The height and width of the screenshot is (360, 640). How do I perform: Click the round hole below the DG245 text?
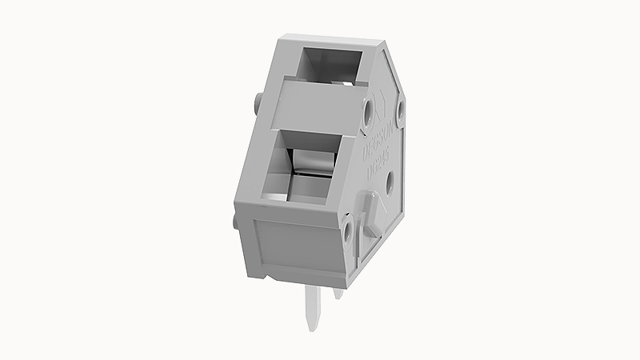[390, 184]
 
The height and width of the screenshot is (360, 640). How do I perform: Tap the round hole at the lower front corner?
[349, 234]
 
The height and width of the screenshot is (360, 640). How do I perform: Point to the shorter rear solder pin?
[338, 292]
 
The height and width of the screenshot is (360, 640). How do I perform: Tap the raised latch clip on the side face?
[371, 213]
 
